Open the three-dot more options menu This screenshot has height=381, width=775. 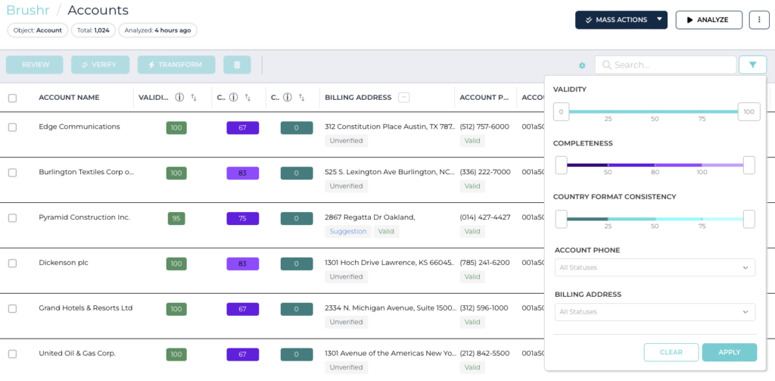[758, 20]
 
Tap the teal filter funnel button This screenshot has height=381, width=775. [752, 65]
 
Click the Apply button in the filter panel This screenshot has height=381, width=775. [729, 352]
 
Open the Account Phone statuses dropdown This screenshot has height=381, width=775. [655, 267]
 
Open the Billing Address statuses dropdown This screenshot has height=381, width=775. [655, 311]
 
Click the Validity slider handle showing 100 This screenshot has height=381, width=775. [749, 112]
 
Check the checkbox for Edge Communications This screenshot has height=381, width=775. [12, 127]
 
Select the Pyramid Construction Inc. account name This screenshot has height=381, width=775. [84, 217]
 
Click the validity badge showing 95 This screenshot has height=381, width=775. [176, 218]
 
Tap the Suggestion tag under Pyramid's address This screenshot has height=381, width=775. [348, 232]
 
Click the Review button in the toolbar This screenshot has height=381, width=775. [35, 65]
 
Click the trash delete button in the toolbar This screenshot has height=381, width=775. [237, 65]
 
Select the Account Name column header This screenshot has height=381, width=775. [69, 98]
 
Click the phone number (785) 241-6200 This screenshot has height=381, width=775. [484, 263]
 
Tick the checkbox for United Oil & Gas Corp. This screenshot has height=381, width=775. [12, 354]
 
